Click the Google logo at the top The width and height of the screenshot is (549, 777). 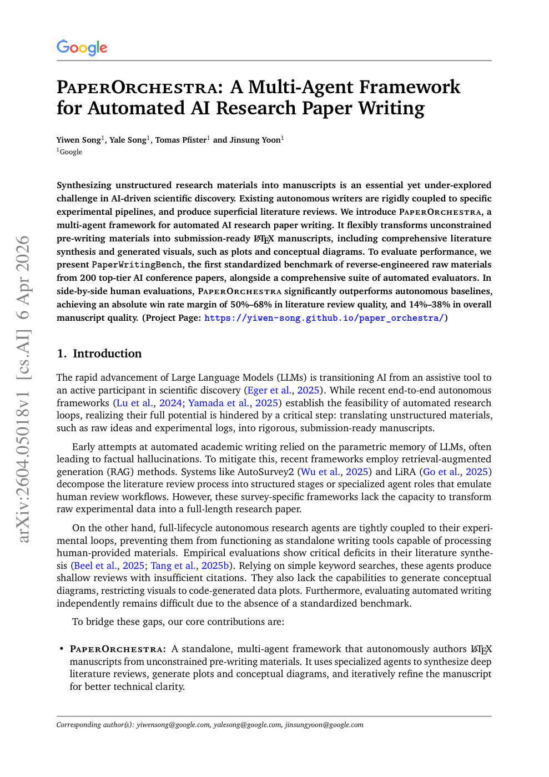pos(82,48)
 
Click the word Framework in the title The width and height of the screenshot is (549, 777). pos(410,87)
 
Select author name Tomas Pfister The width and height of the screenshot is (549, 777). pos(180,140)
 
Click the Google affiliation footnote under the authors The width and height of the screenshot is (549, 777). pos(70,152)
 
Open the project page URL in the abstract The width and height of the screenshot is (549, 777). pos(324,318)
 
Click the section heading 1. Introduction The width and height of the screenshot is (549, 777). pos(99,354)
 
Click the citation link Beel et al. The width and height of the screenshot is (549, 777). pos(95,566)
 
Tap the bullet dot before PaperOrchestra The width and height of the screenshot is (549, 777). pos(61,649)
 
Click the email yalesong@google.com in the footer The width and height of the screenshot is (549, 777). pos(248,725)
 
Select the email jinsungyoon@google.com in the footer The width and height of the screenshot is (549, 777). pos(324,725)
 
